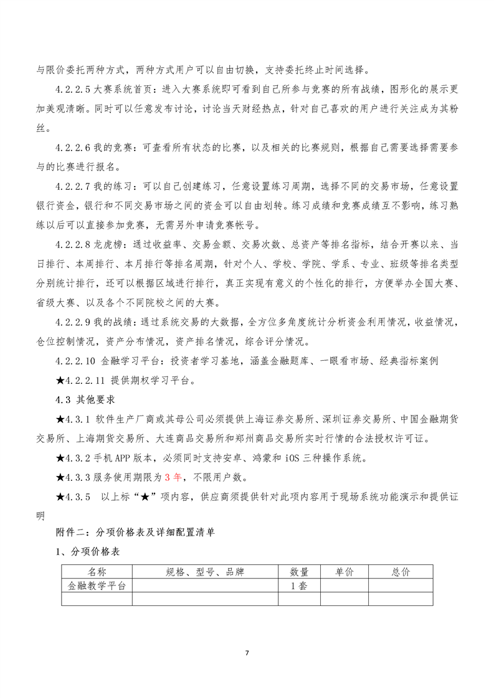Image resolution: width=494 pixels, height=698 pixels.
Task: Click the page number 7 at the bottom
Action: (247, 653)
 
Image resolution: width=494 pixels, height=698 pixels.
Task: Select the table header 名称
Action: (97, 572)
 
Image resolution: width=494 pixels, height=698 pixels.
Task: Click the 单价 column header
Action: (344, 572)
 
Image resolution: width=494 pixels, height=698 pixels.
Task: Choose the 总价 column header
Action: (401, 572)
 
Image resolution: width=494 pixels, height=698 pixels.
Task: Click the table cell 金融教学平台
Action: (97, 585)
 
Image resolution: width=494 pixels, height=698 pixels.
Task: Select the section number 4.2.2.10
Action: (76, 361)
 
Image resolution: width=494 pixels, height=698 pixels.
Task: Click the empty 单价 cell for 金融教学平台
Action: (344, 585)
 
